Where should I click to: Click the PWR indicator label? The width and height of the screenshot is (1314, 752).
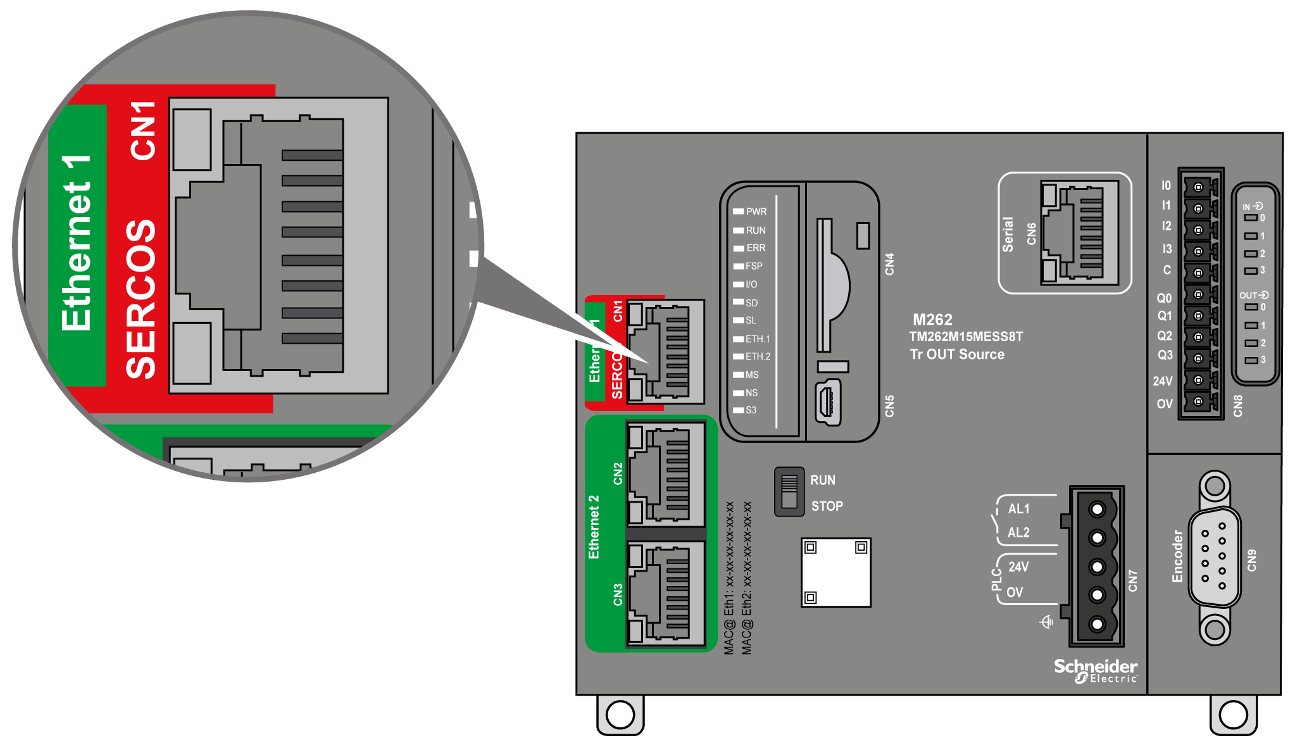tap(756, 211)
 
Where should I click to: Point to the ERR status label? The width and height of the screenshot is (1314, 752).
tap(755, 248)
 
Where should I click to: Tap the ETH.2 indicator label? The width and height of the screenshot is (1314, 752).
tap(758, 356)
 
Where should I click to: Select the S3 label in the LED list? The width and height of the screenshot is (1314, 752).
tap(751, 410)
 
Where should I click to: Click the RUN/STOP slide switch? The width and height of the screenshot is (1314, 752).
tap(789, 492)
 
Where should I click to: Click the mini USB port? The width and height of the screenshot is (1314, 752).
tap(828, 403)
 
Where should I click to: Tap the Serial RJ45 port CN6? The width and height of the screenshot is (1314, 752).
tap(1080, 232)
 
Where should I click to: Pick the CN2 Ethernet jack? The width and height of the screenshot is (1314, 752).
tap(665, 473)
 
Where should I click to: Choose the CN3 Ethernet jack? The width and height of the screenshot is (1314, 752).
tap(665, 594)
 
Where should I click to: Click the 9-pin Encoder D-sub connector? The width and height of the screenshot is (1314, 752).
tap(1214, 558)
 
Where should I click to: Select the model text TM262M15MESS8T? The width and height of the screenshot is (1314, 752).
tap(966, 337)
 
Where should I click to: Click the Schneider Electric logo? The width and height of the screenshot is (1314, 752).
tap(1095, 670)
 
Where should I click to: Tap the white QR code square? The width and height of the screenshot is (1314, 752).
tap(835, 572)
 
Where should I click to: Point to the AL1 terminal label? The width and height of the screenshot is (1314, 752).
tap(1018, 509)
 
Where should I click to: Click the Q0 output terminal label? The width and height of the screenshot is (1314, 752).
tap(1164, 298)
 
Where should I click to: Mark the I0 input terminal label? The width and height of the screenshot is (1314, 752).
tap(1166, 185)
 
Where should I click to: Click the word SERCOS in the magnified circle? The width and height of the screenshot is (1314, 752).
tap(141, 299)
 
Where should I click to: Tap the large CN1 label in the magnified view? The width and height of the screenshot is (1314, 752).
tap(143, 130)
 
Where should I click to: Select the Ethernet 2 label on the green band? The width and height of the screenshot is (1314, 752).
tap(594, 527)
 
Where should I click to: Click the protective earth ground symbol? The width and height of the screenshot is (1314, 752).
tap(1047, 622)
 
